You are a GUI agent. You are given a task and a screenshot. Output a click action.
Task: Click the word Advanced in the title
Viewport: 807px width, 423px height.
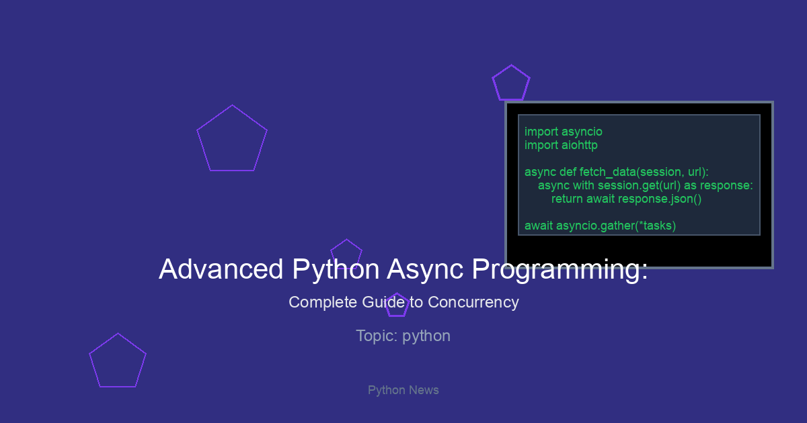point(221,269)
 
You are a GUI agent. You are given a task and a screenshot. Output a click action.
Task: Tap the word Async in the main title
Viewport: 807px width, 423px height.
point(425,270)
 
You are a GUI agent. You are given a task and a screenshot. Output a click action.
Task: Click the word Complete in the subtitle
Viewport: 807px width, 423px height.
point(322,303)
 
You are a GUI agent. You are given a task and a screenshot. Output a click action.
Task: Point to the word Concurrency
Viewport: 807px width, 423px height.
point(473,303)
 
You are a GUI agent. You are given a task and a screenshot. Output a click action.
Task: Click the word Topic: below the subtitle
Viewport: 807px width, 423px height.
point(377,336)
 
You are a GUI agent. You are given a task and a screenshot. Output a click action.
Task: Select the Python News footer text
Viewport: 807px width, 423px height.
point(403,390)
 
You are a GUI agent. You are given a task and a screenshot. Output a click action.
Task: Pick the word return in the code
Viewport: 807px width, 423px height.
point(567,199)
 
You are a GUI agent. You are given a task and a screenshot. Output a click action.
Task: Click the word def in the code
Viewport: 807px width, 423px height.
point(568,173)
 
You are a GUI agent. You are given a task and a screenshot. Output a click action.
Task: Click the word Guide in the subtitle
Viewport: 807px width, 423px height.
point(383,303)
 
